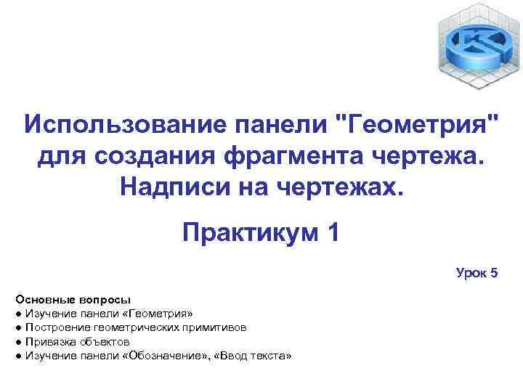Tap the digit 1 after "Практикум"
[x=333, y=234]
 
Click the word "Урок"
[x=472, y=273]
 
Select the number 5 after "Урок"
[x=494, y=273]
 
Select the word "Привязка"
[x=49, y=341]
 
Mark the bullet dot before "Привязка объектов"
[x=17, y=341]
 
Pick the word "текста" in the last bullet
[x=269, y=355]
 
